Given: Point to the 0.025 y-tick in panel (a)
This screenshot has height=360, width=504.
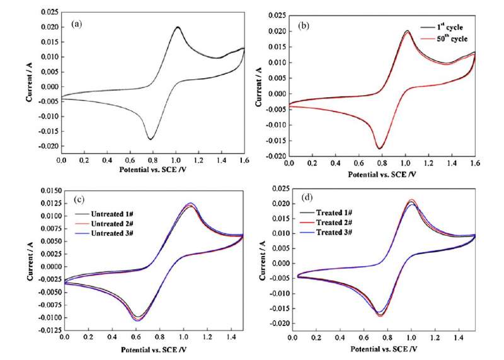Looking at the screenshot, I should click(49, 11).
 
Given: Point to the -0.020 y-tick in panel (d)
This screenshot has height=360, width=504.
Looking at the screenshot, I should click(275, 323).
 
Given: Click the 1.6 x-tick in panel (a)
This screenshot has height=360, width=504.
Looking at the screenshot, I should click(243, 162).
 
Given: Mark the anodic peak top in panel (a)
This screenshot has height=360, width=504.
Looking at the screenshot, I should click(178, 27).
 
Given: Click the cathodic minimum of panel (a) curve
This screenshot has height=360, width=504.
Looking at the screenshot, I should click(151, 139).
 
